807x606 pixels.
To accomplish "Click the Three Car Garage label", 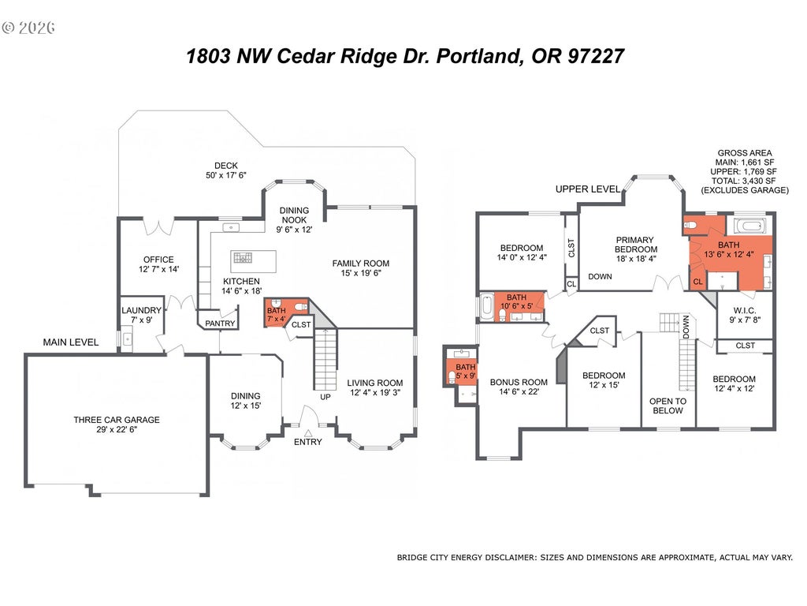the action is click(117, 420).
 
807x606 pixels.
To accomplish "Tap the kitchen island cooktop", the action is click(243, 258).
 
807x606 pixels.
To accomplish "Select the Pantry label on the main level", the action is click(221, 324).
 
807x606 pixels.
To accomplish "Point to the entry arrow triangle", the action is click(308, 433).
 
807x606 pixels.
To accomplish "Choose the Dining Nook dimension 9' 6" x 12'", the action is click(295, 230).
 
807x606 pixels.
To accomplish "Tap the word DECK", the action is click(226, 166).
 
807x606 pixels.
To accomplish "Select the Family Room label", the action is click(361, 264).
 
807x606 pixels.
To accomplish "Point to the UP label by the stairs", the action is click(325, 398).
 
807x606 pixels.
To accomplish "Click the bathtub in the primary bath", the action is click(750, 226).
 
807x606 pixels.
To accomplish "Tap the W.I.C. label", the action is click(745, 310).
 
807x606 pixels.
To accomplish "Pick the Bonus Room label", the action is click(519, 383).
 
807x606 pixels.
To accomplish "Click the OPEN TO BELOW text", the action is click(668, 406).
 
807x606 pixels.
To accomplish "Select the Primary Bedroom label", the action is click(636, 245).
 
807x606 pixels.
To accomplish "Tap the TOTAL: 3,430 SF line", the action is click(745, 181).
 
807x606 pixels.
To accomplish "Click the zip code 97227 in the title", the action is click(596, 56).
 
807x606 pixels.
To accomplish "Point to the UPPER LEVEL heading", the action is click(588, 189).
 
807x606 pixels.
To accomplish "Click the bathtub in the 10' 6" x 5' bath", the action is click(487, 308).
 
